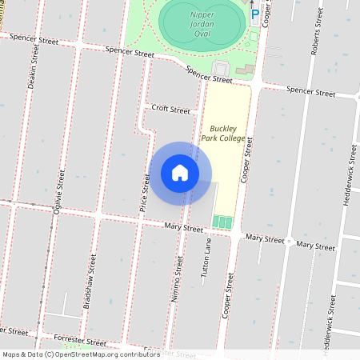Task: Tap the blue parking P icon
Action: (255, 14)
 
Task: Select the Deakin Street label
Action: (34, 64)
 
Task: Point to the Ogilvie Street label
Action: (57, 197)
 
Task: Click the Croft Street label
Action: (170, 110)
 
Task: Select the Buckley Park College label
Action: (227, 133)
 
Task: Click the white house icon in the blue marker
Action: (180, 173)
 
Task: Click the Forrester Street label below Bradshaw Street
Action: (74, 342)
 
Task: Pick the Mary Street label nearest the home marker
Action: (184, 228)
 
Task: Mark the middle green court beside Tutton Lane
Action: (222, 222)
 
